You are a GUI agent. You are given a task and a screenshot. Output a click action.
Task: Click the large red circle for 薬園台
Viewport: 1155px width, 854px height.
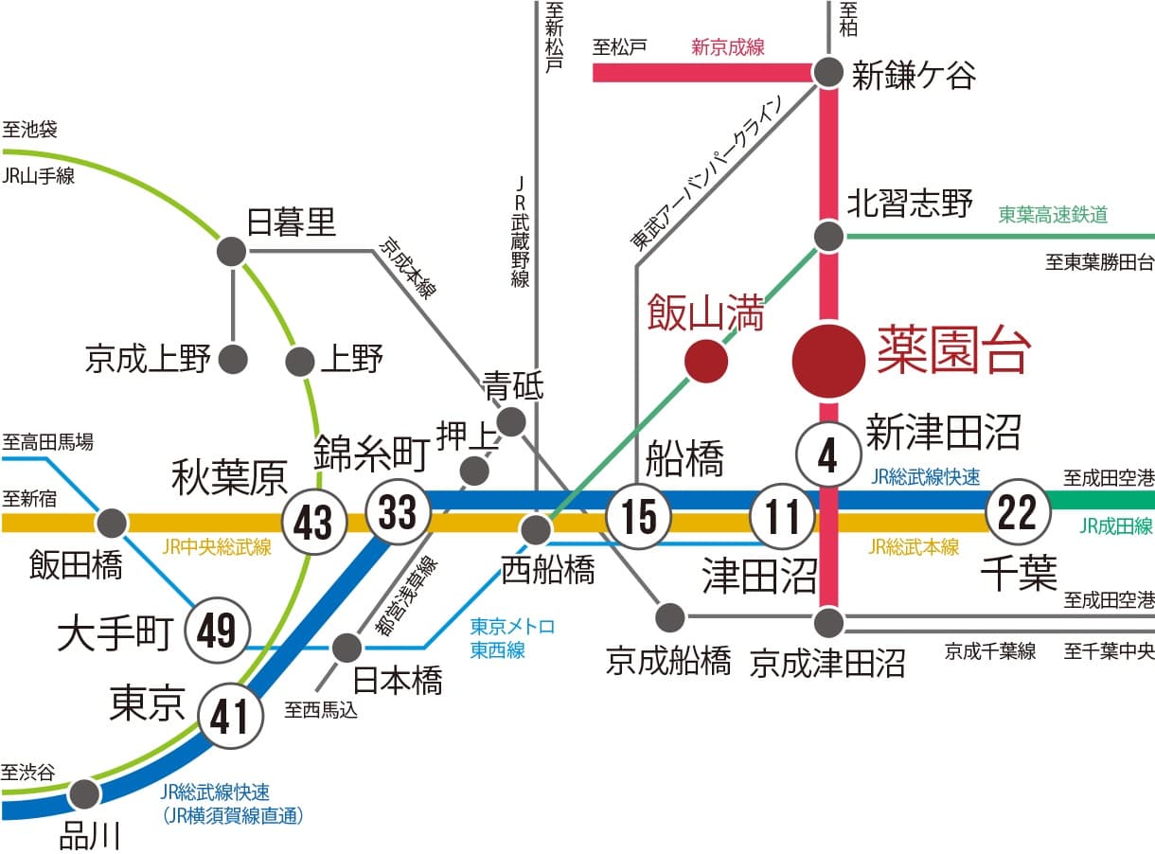tap(827, 361)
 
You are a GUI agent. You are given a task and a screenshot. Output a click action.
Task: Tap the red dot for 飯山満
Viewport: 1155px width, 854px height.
tap(706, 361)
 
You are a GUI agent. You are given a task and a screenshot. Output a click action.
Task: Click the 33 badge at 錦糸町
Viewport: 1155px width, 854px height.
tap(398, 512)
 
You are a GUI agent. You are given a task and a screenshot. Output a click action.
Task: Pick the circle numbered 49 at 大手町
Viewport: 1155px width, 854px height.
tap(218, 630)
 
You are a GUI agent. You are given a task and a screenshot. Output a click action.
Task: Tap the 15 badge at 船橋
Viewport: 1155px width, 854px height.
tap(639, 517)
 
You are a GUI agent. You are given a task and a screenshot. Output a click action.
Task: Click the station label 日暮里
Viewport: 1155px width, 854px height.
tap(292, 223)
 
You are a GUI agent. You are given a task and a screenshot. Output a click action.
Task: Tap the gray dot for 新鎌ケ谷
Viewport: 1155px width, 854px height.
tap(829, 72)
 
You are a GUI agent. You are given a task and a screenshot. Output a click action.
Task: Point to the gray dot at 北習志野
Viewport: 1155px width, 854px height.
tap(829, 237)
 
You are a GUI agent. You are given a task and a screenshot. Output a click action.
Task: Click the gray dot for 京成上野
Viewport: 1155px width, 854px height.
tap(233, 360)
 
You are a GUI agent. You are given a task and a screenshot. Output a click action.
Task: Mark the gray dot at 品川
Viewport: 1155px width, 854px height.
tap(84, 793)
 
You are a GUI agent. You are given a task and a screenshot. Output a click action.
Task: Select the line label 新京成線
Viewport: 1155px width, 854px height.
tap(727, 47)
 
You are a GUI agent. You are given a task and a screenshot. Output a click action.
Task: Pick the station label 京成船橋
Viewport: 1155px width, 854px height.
tap(668, 660)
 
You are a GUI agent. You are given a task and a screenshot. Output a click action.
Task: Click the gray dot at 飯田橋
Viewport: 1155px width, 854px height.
tap(113, 522)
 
